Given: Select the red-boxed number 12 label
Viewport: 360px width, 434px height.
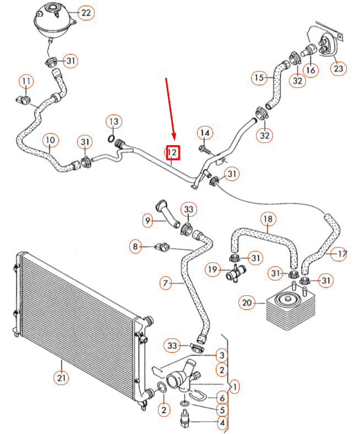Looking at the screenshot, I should [x=172, y=152].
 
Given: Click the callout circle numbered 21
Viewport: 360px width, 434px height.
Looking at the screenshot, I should [x=61, y=378].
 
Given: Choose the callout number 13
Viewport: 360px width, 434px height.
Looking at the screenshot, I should [x=113, y=121].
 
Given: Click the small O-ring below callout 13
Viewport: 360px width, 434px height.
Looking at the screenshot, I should [x=112, y=138].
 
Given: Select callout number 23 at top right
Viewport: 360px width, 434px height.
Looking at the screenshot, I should [x=337, y=69].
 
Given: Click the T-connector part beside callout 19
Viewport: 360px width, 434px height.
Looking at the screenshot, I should [x=234, y=271].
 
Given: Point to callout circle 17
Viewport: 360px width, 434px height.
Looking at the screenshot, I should [x=341, y=254].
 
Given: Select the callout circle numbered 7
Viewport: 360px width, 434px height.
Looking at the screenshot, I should [x=165, y=283].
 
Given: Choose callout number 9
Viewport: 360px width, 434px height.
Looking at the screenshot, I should [x=148, y=221].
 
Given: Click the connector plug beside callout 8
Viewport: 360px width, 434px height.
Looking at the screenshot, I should [x=161, y=247].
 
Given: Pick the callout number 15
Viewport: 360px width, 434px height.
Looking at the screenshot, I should [x=260, y=78].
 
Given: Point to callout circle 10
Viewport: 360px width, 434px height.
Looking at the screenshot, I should [x=50, y=141].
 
